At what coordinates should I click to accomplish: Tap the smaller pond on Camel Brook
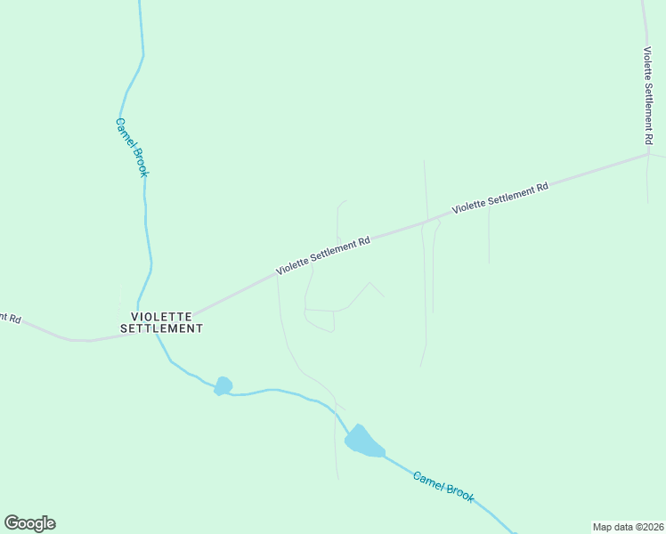pos(223,385)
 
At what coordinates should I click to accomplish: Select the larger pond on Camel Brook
pos(362,440)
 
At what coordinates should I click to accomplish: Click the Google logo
pos(29,523)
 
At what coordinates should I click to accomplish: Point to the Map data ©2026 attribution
pos(628,527)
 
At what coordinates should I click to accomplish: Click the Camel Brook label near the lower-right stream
pos(443,487)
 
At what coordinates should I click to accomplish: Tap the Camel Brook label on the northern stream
pos(131,147)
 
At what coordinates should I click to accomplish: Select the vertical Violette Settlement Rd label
pos(649,96)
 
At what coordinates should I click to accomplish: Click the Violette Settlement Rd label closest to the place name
pos(322,255)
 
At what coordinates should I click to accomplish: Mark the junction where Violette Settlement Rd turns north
pos(648,154)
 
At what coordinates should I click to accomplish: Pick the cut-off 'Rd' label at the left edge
pos(10,317)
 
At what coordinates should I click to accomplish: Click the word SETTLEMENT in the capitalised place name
pos(161,328)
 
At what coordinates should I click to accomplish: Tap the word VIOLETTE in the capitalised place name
pos(162,316)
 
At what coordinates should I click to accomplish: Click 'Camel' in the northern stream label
pos(124,131)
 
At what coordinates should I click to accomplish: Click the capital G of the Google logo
pos(12,522)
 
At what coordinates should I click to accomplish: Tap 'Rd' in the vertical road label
pos(649,138)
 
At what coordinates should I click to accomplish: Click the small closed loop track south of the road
pos(320,320)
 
